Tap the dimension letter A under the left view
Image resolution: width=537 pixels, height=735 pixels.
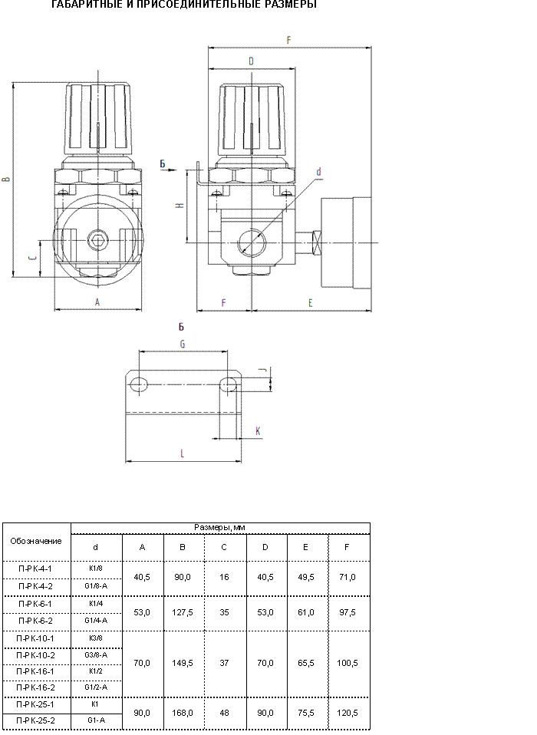(x=97, y=302)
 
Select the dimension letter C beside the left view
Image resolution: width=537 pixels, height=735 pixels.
(x=32, y=259)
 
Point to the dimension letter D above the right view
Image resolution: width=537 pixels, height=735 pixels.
(x=251, y=61)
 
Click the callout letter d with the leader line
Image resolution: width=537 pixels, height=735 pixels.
(x=318, y=172)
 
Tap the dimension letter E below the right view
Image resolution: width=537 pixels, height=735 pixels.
(x=310, y=303)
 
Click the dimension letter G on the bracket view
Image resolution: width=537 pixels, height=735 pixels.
(x=183, y=344)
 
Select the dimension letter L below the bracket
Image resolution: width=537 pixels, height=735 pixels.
(x=183, y=453)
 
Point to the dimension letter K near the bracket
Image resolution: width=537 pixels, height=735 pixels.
(x=258, y=430)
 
